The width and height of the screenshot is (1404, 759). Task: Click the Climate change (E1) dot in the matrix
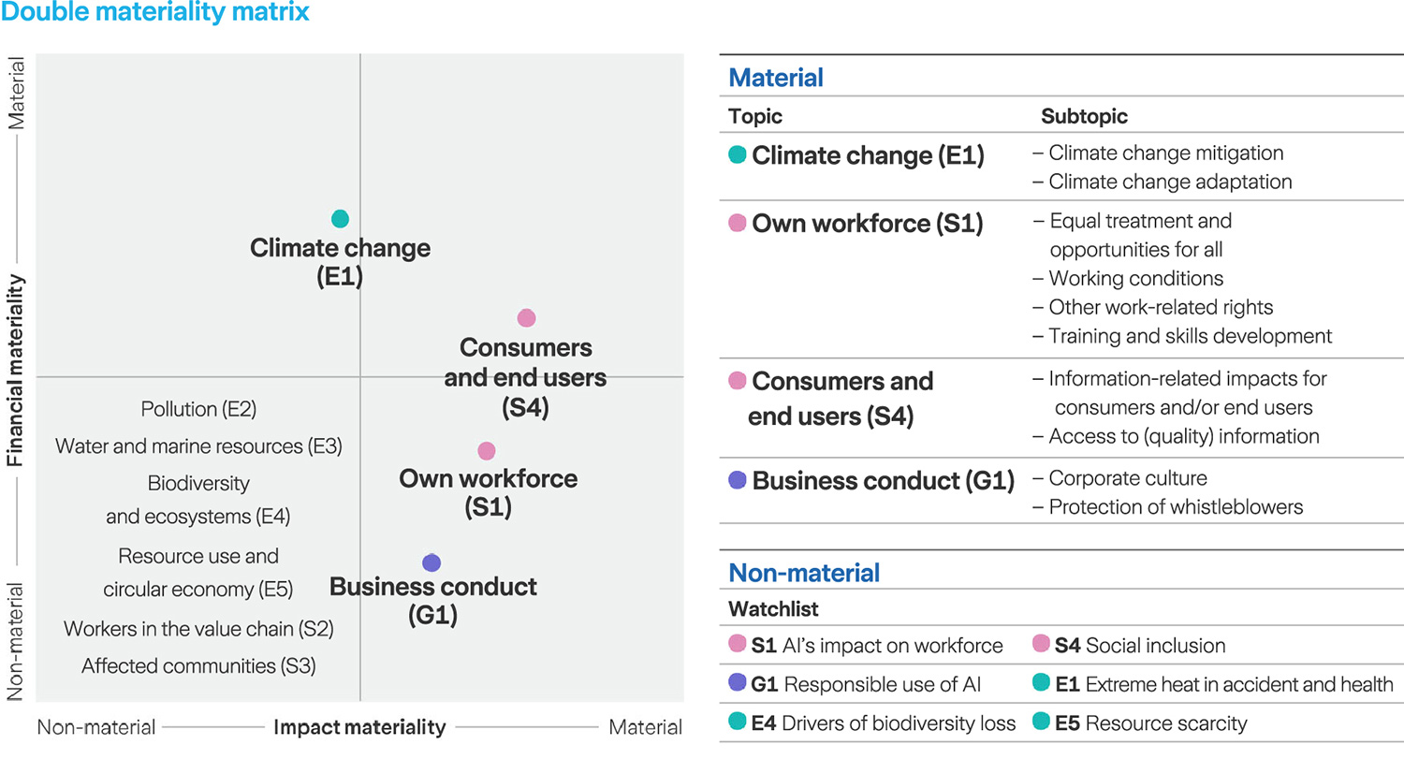pos(340,219)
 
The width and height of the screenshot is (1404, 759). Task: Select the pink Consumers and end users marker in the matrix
pos(526,318)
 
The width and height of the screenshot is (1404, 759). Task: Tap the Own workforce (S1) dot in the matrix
pos(486,451)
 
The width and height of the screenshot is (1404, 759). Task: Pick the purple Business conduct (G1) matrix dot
pos(431,562)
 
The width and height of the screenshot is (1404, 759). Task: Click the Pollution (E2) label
pos(198,409)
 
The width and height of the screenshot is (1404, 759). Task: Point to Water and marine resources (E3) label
pos(198,446)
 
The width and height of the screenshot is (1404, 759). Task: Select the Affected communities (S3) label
pos(198,666)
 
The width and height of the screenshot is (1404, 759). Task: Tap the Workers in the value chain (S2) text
pos(198,629)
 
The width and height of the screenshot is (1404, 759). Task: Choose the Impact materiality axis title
pos(358,727)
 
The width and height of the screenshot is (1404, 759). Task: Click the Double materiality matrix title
pos(154,13)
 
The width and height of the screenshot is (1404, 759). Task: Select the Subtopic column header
pos(1084,117)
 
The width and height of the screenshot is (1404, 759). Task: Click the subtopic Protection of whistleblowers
pos(1175,507)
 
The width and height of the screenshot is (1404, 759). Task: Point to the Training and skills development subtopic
pos(1189,336)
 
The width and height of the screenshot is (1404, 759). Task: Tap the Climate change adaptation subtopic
pos(1169,182)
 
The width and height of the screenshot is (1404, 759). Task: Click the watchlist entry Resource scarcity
pos(1151,723)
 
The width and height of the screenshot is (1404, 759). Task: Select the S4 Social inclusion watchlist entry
pos(1139,646)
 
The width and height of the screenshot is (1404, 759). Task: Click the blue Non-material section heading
pos(804,573)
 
